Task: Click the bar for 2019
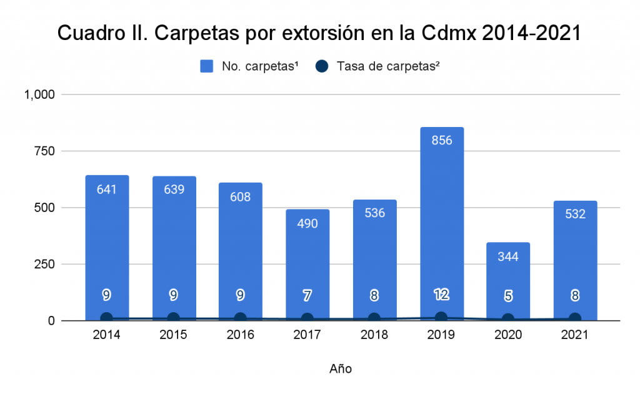pyautogui.click(x=441, y=225)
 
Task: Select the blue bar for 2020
pyautogui.click(x=508, y=282)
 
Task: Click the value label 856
pyautogui.click(x=441, y=140)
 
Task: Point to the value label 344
pyautogui.click(x=508, y=255)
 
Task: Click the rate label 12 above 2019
pyautogui.click(x=441, y=294)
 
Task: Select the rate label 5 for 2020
pyautogui.click(x=508, y=297)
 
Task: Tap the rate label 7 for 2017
pyautogui.click(x=307, y=296)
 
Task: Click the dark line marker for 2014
pyautogui.click(x=106, y=318)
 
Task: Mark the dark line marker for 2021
pyautogui.click(x=575, y=319)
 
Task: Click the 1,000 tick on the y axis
pyautogui.click(x=40, y=94)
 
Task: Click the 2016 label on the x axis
pyautogui.click(x=241, y=335)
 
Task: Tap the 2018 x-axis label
pyautogui.click(x=374, y=335)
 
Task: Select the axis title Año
pyautogui.click(x=341, y=369)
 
